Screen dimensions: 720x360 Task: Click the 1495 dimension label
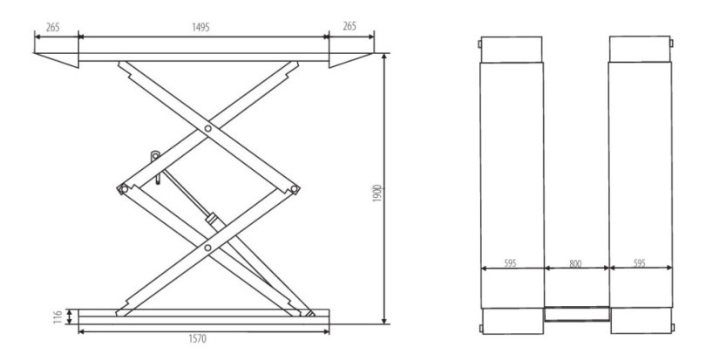pos(200,27)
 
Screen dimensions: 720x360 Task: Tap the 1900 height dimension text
pos(377,194)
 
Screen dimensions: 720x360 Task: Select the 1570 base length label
pos(198,339)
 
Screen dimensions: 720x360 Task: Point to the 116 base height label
pos(58,316)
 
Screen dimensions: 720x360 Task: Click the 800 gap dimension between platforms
pos(575,263)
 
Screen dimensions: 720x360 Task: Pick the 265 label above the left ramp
pos(53,27)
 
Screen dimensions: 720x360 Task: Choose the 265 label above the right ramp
pos(350,26)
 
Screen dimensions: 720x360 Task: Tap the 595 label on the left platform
pos(510,263)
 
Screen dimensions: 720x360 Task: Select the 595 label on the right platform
pos(639,263)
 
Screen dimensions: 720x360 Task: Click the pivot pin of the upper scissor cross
pos(208,129)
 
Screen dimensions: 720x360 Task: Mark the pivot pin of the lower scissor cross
pos(208,248)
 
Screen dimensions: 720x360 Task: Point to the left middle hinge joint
pos(123,189)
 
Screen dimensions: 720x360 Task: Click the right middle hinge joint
pos(295,189)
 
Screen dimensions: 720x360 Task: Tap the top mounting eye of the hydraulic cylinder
pos(155,156)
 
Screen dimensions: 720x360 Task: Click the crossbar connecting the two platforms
pos(577,314)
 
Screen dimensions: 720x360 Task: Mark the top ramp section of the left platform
pos(512,50)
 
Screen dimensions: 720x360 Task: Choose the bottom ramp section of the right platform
pos(641,321)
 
